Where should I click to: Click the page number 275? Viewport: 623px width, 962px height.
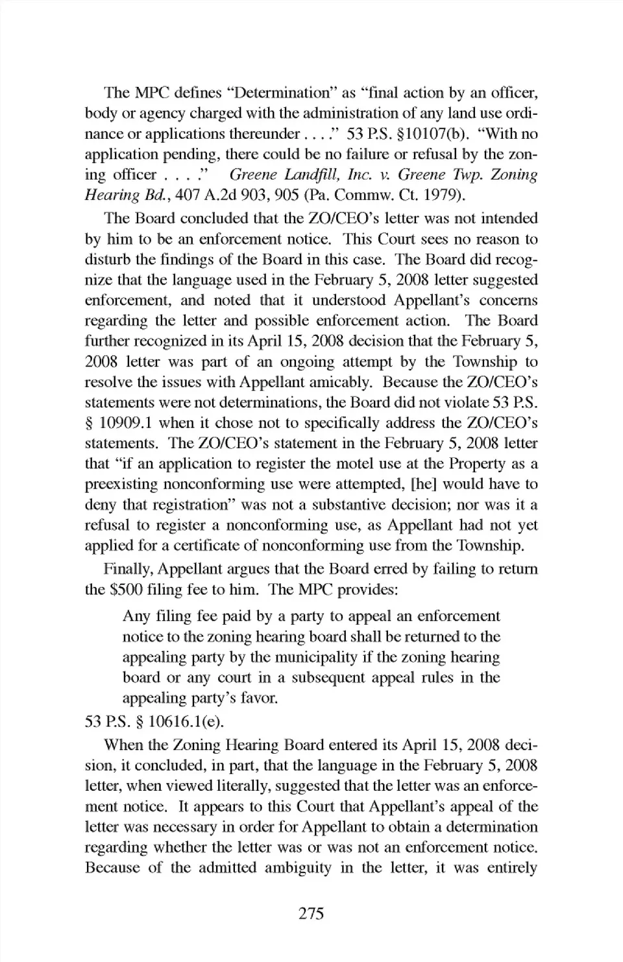point(311,914)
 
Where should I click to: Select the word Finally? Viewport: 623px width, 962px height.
point(128,569)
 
